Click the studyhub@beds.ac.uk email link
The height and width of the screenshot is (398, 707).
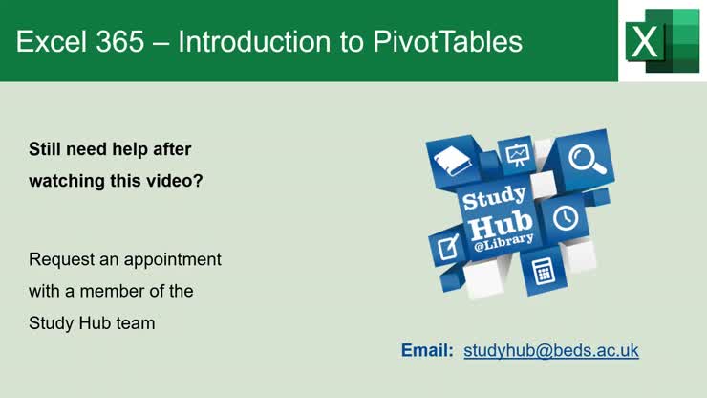[x=551, y=351]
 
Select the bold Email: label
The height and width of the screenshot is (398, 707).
[x=427, y=351]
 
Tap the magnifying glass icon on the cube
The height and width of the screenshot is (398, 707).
[x=587, y=159]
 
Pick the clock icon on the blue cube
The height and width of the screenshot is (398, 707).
[x=566, y=217]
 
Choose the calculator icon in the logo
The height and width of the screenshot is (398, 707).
[x=545, y=271]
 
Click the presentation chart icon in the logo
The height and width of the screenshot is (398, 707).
[x=518, y=153]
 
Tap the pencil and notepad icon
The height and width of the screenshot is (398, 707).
[x=447, y=247]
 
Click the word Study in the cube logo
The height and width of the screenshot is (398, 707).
[x=494, y=199]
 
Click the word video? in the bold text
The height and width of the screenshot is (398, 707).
[x=176, y=180]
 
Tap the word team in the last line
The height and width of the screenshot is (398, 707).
[x=138, y=323]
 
